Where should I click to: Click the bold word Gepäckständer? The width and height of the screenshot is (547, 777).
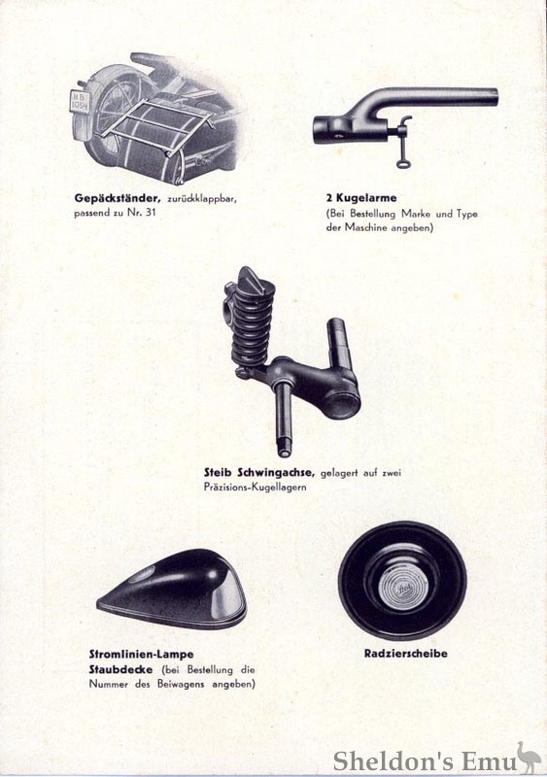118,198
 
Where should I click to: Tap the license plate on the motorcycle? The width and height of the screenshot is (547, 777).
85,101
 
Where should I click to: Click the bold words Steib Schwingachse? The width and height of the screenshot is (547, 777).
256,473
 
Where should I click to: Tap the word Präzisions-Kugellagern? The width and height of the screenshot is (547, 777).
256,487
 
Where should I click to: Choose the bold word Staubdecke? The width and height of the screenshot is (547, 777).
119,670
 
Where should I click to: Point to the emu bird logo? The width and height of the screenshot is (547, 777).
527,755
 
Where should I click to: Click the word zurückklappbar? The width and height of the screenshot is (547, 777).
200,198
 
